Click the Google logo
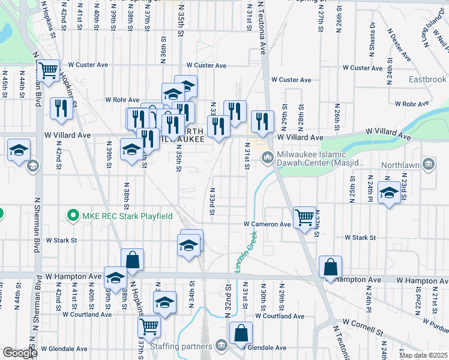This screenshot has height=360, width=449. click(20, 353)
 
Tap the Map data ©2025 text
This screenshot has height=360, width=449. click(423, 355)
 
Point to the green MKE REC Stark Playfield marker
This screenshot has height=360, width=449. click(73, 215)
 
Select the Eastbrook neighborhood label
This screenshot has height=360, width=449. click(427, 79)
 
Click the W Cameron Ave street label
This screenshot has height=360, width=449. click(267, 224)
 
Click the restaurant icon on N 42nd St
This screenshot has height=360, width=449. click(61, 108)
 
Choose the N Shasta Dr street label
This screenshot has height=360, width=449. click(372, 39)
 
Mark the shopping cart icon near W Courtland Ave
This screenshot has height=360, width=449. click(148, 327)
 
